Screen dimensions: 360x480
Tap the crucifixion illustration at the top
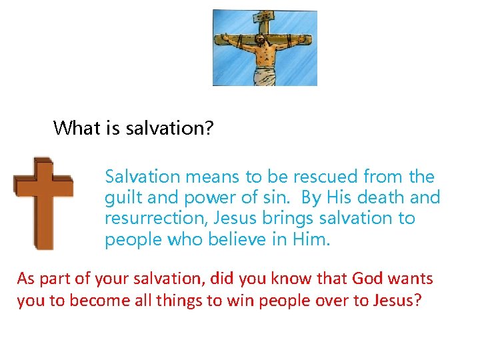click(265, 47)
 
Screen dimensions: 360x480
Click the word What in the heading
click(77, 128)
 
